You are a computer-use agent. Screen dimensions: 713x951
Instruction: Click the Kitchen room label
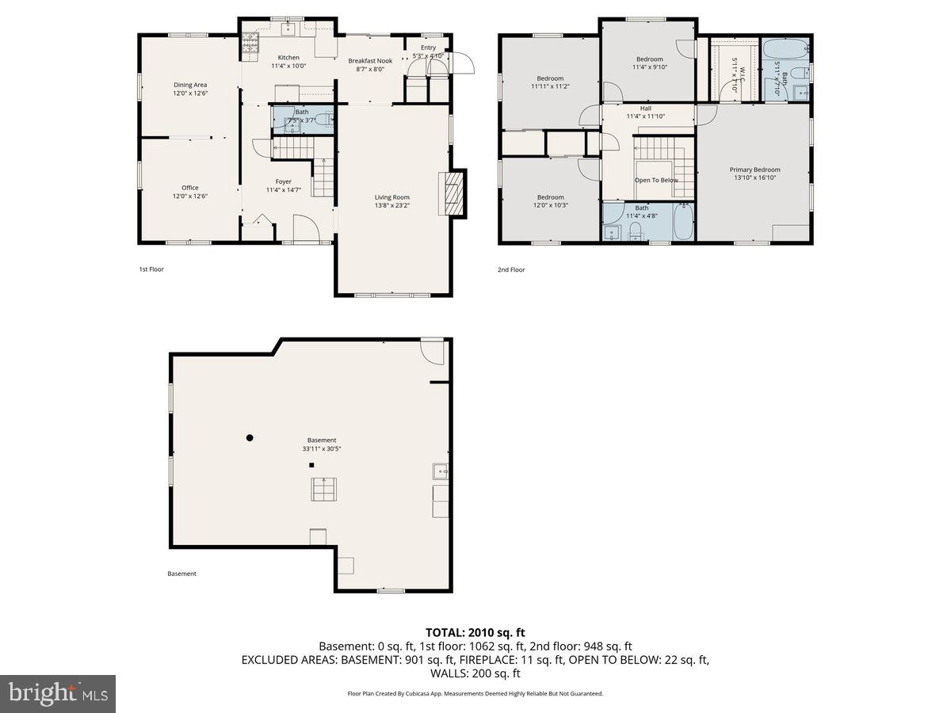(288, 57)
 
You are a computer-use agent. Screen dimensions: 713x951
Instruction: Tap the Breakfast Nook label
(370, 60)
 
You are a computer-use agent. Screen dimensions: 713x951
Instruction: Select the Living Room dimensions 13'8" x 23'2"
(392, 206)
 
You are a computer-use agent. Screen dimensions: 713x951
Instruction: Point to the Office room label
(190, 188)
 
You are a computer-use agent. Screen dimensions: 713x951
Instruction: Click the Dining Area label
(190, 85)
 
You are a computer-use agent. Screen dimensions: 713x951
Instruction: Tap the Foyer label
(284, 181)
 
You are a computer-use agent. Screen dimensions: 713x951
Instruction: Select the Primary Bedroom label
(754, 170)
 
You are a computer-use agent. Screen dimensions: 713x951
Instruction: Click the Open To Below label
(656, 180)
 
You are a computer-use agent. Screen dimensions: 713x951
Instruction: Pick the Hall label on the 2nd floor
(646, 109)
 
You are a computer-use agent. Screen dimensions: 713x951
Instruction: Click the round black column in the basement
(250, 437)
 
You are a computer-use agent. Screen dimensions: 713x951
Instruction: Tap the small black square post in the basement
(311, 465)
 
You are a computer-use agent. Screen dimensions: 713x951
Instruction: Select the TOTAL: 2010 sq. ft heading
(475, 632)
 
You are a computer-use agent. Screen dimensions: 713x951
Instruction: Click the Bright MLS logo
(58, 694)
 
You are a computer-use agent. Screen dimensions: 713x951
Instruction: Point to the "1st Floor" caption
(151, 269)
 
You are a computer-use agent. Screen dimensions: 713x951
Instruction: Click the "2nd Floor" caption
(512, 269)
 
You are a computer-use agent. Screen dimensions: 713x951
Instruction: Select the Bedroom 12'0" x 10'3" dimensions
(550, 205)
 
